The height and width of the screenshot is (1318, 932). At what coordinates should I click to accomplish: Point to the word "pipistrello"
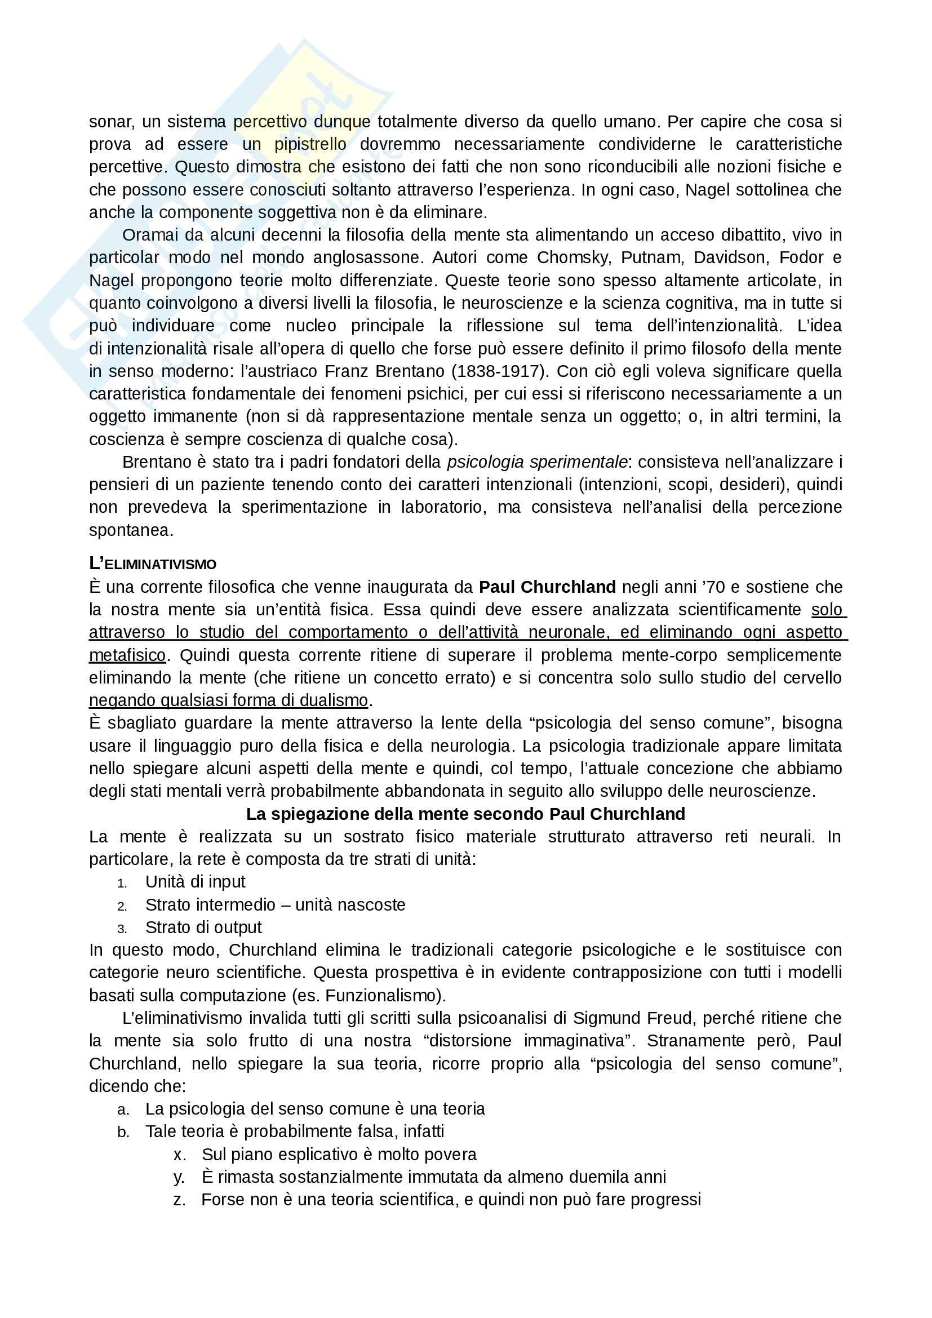point(310,144)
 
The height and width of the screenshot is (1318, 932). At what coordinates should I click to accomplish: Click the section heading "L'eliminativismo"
point(153,563)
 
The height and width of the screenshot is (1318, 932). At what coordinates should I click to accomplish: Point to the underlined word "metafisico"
point(127,655)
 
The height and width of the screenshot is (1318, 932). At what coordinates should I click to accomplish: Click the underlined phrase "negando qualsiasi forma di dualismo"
point(228,700)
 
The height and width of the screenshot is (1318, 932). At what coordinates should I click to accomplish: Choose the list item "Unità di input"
point(195,882)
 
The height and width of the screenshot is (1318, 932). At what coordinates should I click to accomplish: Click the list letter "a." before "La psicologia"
point(123,1110)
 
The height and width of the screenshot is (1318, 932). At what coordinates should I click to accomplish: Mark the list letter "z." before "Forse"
point(179,1200)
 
